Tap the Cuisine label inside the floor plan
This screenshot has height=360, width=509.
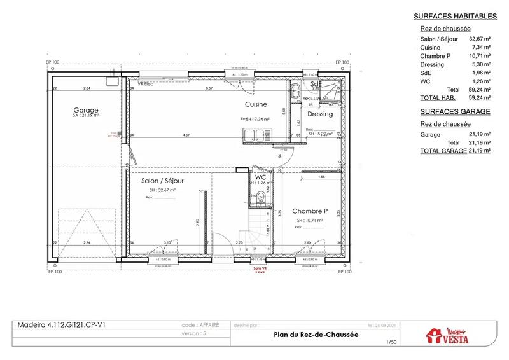pyautogui.click(x=256, y=104)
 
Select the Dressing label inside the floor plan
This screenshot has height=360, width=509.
pyautogui.click(x=320, y=114)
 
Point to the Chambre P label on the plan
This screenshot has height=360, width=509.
pyautogui.click(x=310, y=211)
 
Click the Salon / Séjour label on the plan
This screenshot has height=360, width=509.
pyautogui.click(x=162, y=181)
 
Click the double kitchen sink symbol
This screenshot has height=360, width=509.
pyautogui.click(x=253, y=135)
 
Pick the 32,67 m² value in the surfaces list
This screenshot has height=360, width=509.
pyautogui.click(x=480, y=39)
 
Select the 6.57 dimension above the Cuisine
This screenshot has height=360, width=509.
pyautogui.click(x=209, y=88)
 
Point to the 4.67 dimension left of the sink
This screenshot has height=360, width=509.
pyautogui.click(x=186, y=135)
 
